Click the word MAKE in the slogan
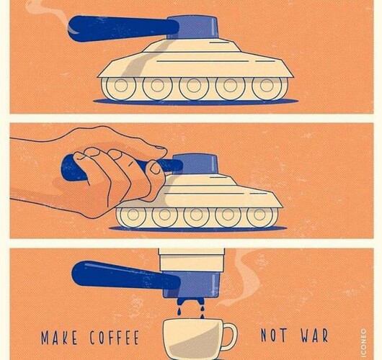pos(59,338)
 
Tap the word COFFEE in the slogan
pos(115,338)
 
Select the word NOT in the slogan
pos(274,336)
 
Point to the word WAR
pos(314,336)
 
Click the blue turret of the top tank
pos(192,27)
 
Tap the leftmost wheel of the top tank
pos(120,87)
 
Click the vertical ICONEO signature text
pos(364,344)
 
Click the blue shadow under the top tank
pos(195,102)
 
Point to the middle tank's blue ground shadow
pos(197,228)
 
